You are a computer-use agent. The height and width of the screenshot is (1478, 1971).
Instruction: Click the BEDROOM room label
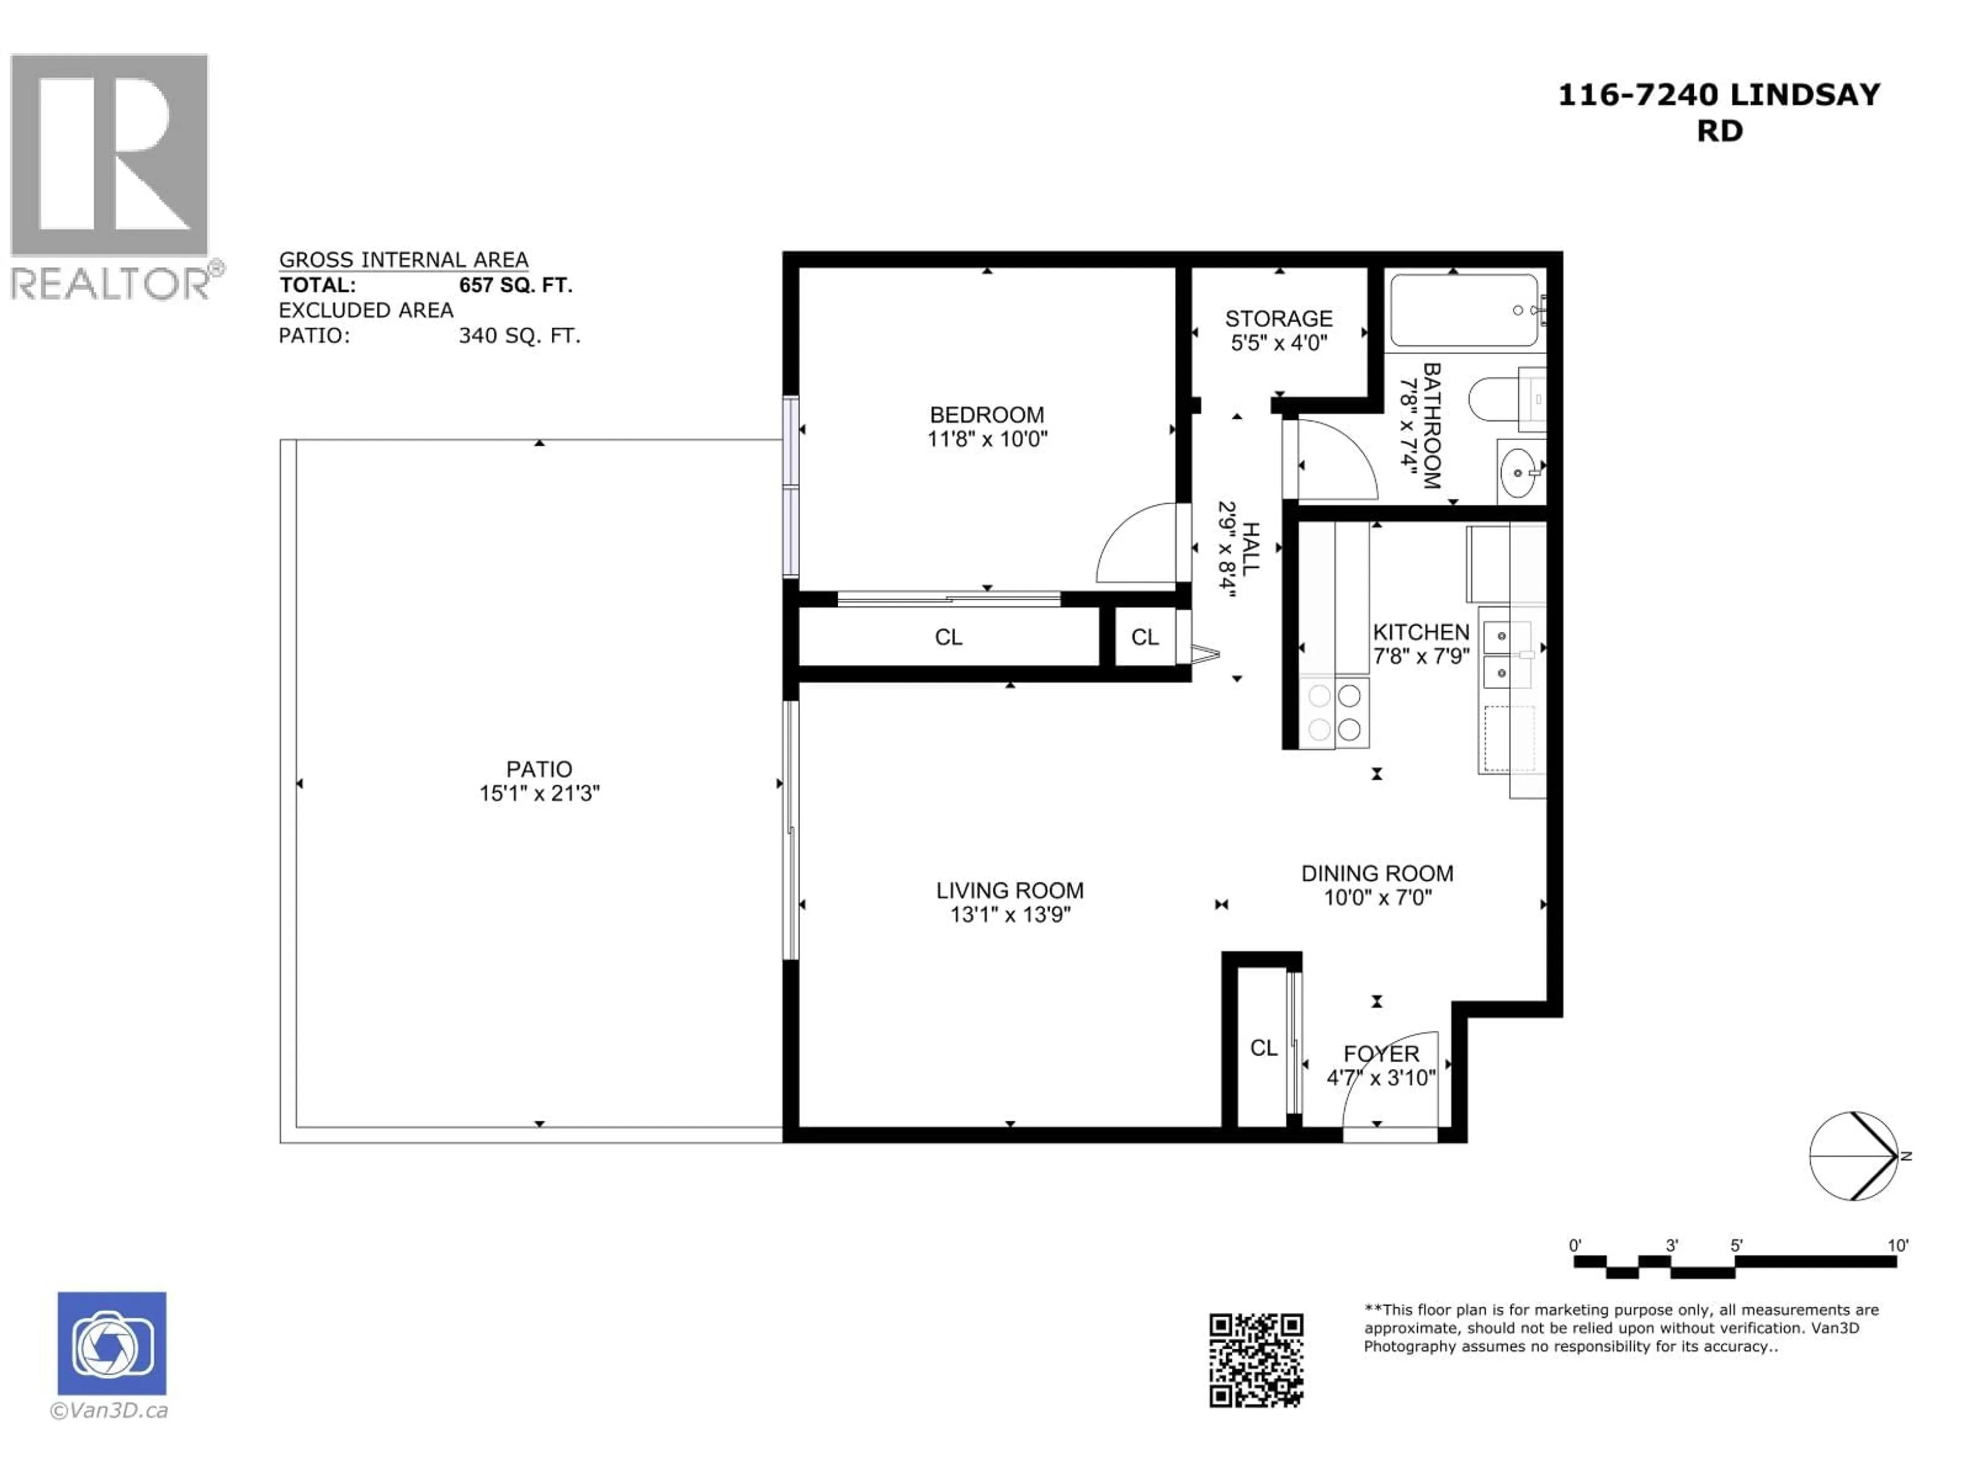point(987,415)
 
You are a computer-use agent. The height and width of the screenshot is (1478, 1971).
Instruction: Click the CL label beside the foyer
point(1263,1048)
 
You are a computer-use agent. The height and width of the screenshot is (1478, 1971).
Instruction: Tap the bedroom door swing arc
point(1132,541)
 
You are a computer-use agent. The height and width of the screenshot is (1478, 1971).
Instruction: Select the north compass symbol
point(1853,1156)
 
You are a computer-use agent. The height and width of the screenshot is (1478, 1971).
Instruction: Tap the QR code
point(1255,1360)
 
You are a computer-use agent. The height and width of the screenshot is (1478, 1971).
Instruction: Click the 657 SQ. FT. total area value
point(515,286)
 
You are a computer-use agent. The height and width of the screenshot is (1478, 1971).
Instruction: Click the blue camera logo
point(111,1344)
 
